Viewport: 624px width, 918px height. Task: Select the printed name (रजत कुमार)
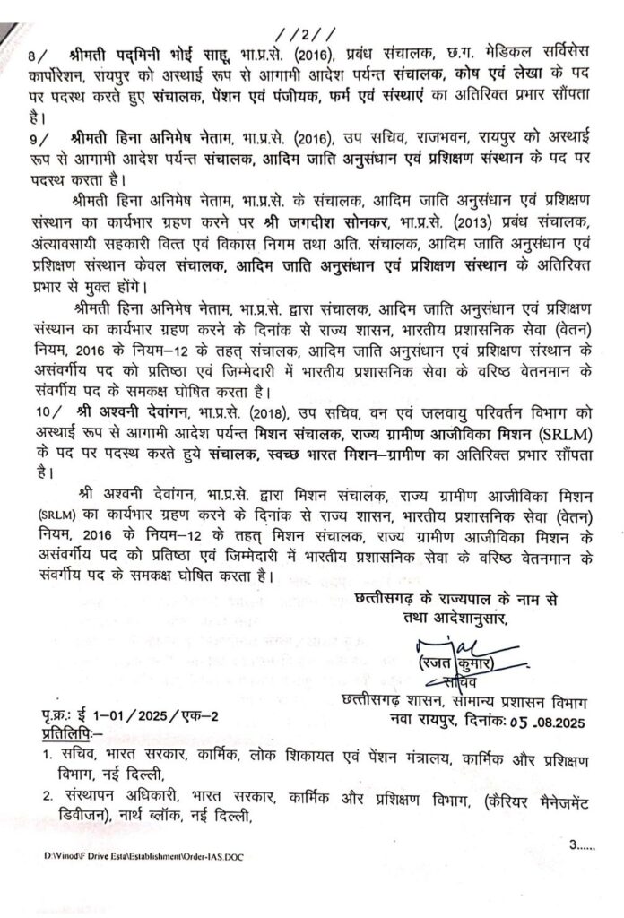pyautogui.click(x=468, y=664)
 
